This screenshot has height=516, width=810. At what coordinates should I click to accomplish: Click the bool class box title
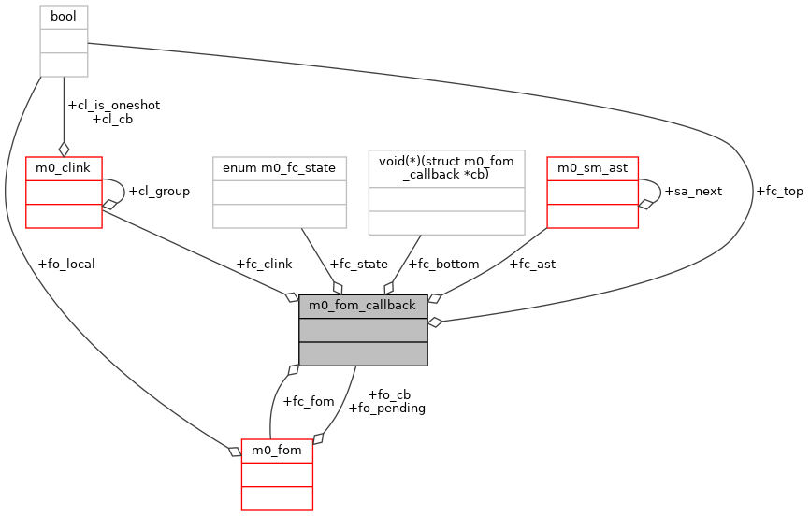click(x=64, y=17)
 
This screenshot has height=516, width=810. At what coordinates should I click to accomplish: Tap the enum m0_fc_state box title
click(x=280, y=167)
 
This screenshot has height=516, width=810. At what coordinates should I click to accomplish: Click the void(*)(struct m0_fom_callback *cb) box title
click(x=446, y=168)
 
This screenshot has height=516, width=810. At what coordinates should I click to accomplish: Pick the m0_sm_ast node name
click(x=592, y=167)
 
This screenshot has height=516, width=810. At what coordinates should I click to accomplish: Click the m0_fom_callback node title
click(x=363, y=306)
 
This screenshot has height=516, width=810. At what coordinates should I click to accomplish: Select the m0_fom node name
click(x=277, y=450)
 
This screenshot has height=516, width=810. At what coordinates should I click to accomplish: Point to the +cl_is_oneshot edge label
click(x=113, y=105)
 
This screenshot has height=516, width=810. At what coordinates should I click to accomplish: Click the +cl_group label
click(x=158, y=191)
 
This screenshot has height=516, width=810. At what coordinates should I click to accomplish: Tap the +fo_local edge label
click(x=66, y=264)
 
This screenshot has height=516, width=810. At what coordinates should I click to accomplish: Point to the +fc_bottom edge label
click(x=445, y=264)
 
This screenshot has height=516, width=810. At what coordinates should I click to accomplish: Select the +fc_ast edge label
click(x=532, y=264)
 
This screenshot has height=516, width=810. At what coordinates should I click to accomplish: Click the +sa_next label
click(x=692, y=191)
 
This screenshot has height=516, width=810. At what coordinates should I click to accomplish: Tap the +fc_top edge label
click(x=779, y=191)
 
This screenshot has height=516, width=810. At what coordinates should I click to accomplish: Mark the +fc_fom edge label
click(x=309, y=401)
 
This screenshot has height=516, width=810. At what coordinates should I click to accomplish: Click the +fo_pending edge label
click(x=386, y=408)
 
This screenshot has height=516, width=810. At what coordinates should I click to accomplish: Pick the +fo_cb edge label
click(x=389, y=394)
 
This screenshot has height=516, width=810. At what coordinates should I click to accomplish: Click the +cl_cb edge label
click(x=113, y=119)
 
